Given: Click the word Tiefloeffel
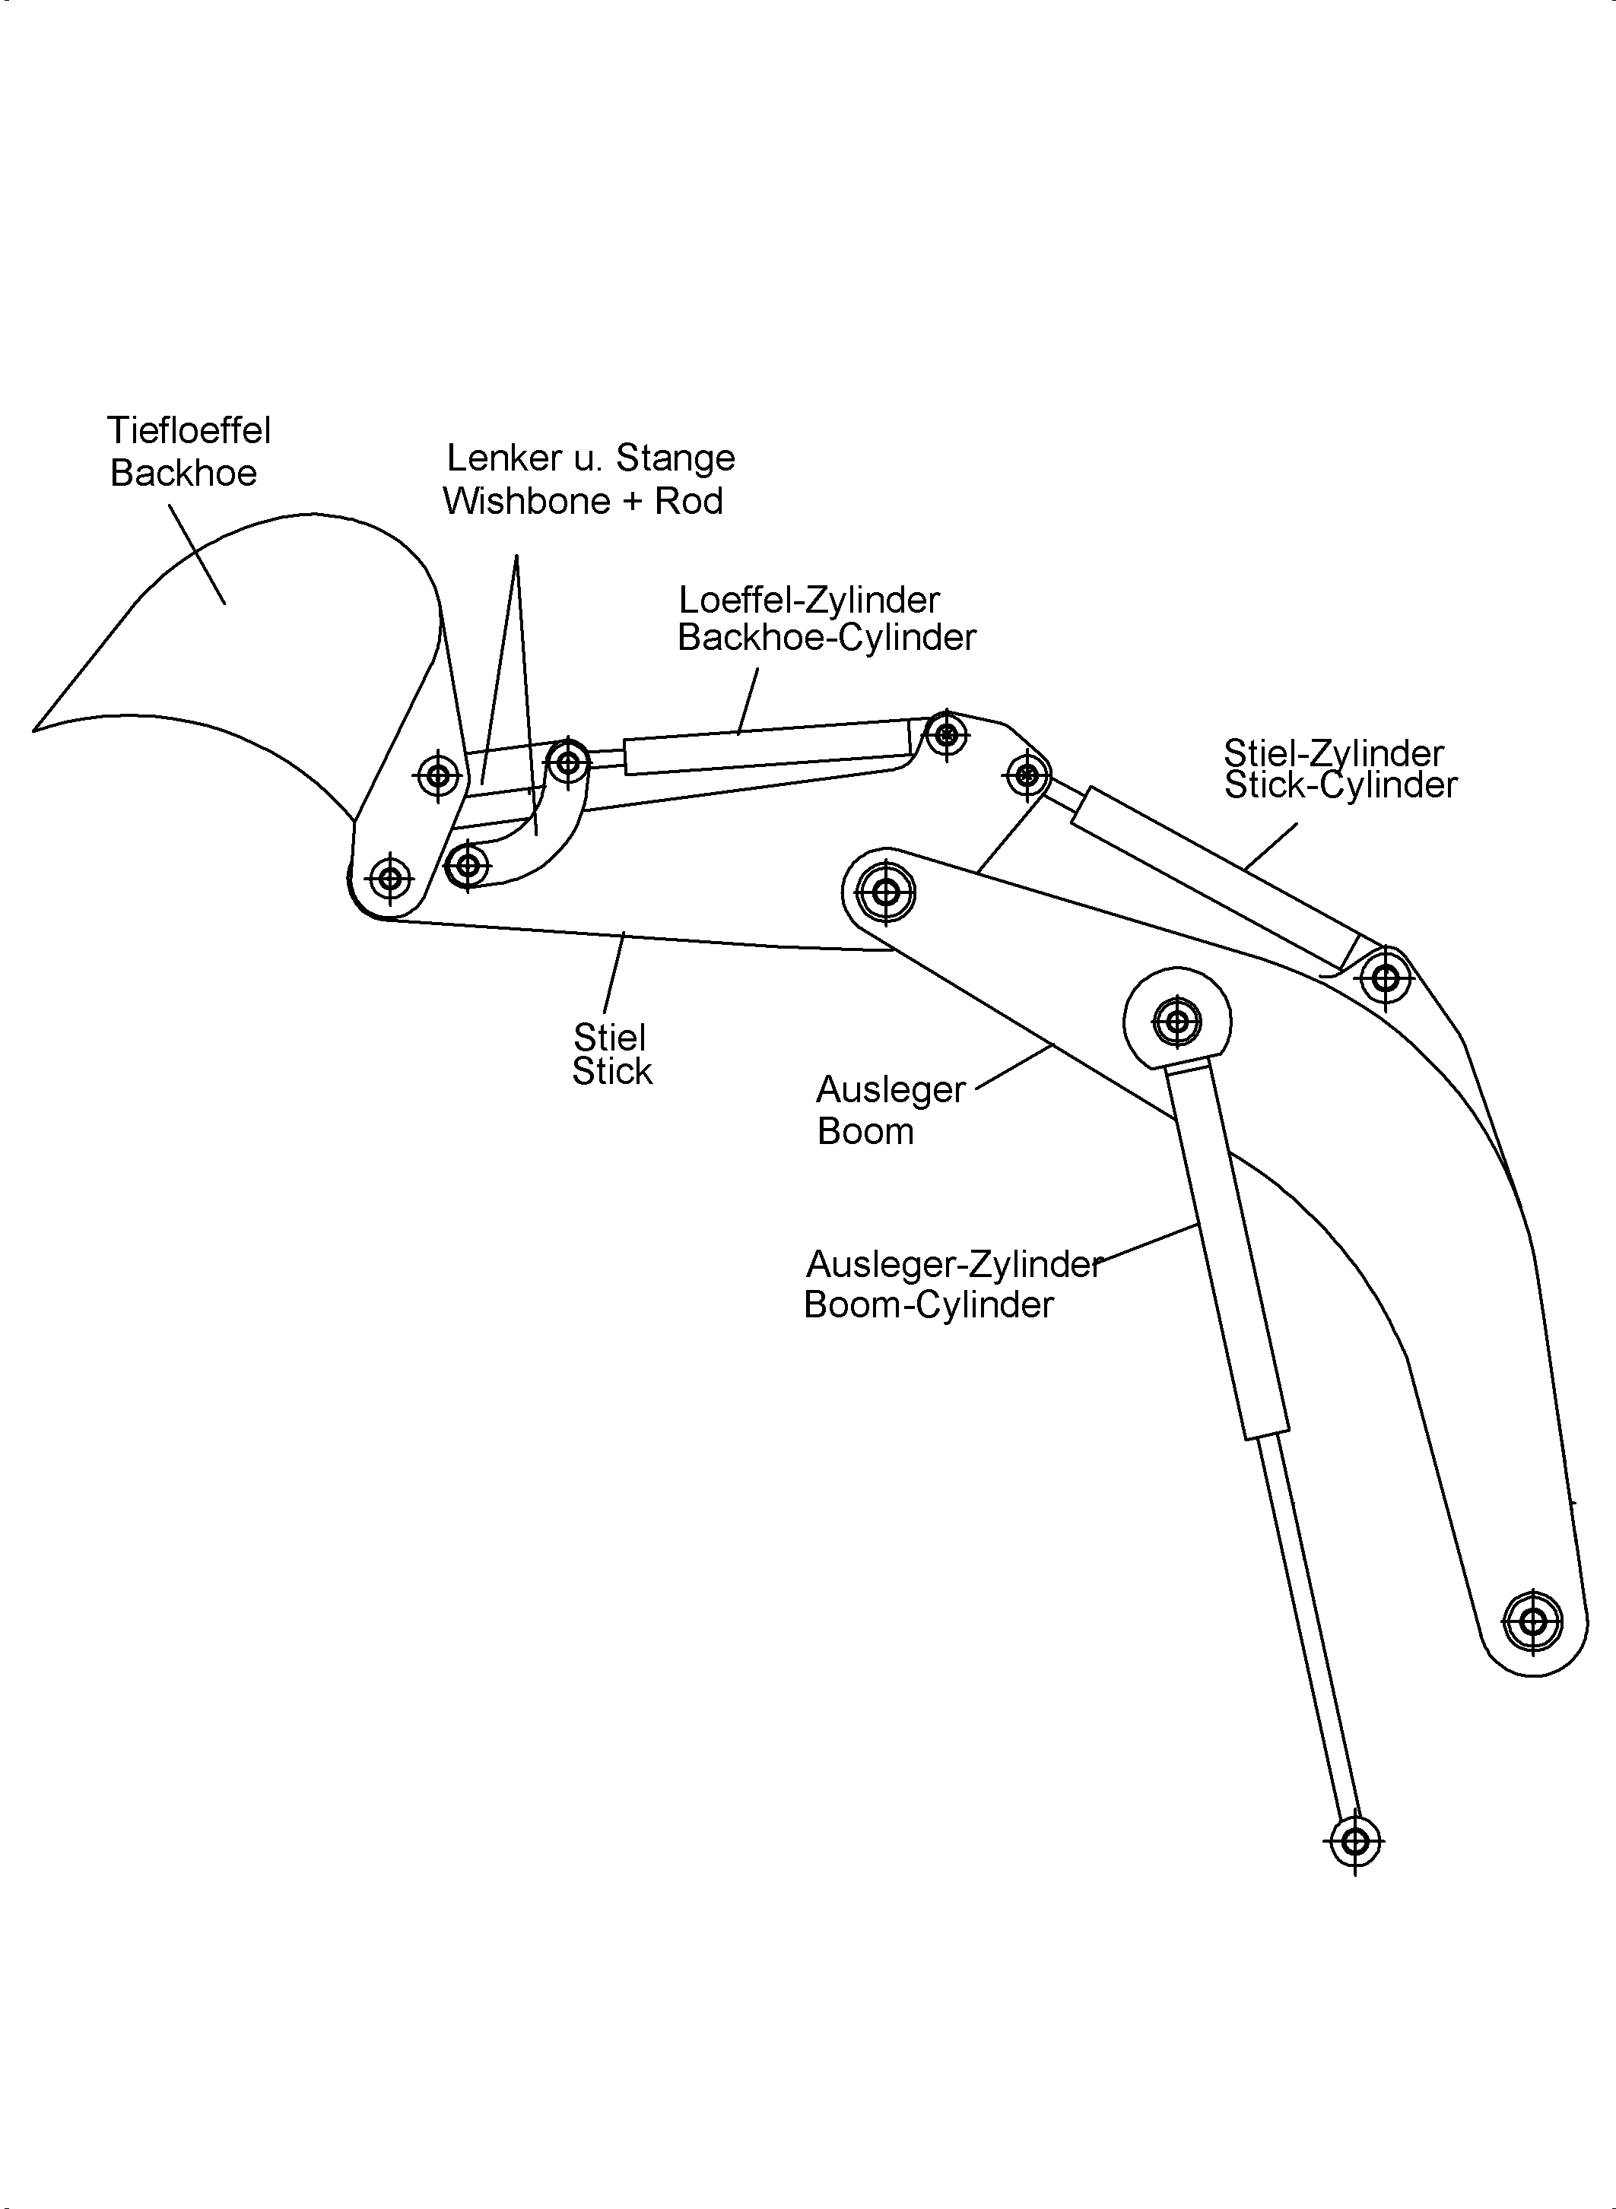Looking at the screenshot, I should (x=189, y=430).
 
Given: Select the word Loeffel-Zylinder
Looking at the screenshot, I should (x=809, y=600).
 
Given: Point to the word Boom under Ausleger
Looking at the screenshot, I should (x=865, y=1131).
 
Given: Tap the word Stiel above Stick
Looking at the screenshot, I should (x=609, y=1037).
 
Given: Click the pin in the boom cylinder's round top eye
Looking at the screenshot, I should (x=1176, y=1022).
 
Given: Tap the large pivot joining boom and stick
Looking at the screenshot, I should (x=885, y=892).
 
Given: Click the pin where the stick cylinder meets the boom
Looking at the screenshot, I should (x=1385, y=977).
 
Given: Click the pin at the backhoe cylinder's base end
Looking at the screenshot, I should (x=946, y=734).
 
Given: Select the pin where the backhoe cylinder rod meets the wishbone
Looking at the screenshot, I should (x=567, y=762).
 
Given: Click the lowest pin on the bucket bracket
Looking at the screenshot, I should (x=390, y=877).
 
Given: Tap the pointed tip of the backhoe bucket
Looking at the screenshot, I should (x=35, y=730).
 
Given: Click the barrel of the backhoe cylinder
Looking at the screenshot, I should (x=768, y=748).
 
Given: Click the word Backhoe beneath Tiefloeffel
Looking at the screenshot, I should (x=183, y=474).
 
